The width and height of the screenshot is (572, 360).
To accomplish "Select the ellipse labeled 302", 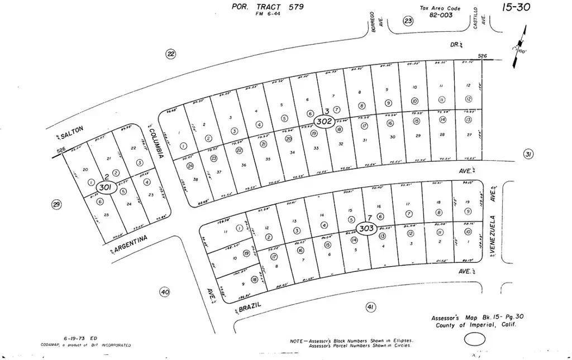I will [325, 121].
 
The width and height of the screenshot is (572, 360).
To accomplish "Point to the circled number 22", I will [170, 54].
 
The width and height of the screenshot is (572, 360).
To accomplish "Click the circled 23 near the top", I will [408, 21].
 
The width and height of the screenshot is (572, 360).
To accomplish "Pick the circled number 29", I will [56, 205].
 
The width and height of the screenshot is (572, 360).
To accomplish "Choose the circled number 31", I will [528, 154].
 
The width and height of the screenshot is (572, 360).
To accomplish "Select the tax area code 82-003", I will [441, 16].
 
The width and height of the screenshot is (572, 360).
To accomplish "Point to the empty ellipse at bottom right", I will [475, 338].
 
